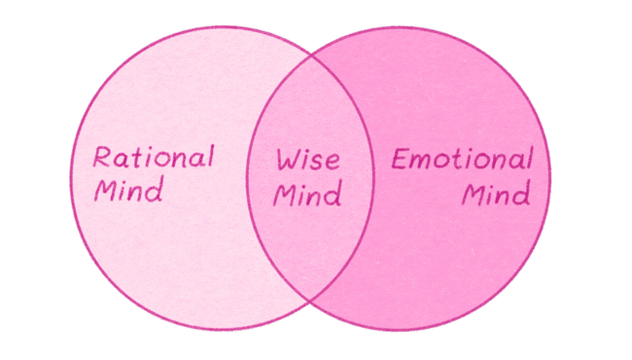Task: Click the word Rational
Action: pos(154,157)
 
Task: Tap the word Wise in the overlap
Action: pos(307,160)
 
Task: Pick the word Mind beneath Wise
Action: pos(307,195)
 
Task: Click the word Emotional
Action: pos(462,159)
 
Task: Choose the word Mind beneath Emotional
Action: pos(496,194)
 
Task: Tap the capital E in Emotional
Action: pos(399,159)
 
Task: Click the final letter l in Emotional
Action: pos(529,157)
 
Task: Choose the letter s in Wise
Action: pos(319,162)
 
